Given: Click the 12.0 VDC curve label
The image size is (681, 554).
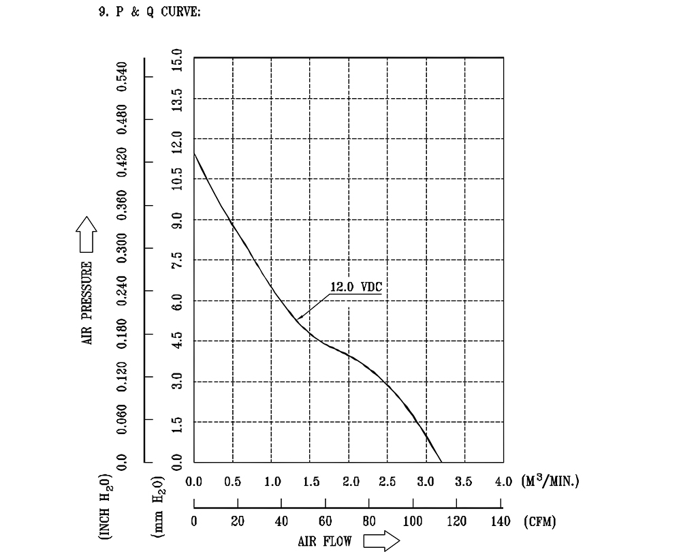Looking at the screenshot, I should coord(355,287).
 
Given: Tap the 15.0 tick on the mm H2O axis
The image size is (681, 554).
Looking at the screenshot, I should coord(177,60).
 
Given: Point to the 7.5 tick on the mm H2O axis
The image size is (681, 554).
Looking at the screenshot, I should coord(177,261).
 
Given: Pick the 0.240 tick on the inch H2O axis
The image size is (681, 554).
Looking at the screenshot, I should coord(123,292).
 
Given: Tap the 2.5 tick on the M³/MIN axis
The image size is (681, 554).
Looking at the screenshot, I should coord(387,482).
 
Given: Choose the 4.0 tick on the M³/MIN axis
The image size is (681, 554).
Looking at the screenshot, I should coord(503,482).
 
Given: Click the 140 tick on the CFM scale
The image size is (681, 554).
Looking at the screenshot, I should coord(501,523).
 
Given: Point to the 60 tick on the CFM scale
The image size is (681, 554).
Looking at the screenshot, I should coord(326,523).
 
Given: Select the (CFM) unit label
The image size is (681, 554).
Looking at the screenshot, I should coord(540,523).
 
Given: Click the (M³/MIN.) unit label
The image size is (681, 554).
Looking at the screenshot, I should coord(550,482).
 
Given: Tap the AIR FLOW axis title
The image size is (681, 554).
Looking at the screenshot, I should coord(325,542).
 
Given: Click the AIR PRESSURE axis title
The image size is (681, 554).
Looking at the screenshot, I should coord(88,303).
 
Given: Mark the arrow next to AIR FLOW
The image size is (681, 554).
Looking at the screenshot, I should coord(381,542).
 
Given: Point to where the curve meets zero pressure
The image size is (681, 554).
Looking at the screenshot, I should coord(441,462).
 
